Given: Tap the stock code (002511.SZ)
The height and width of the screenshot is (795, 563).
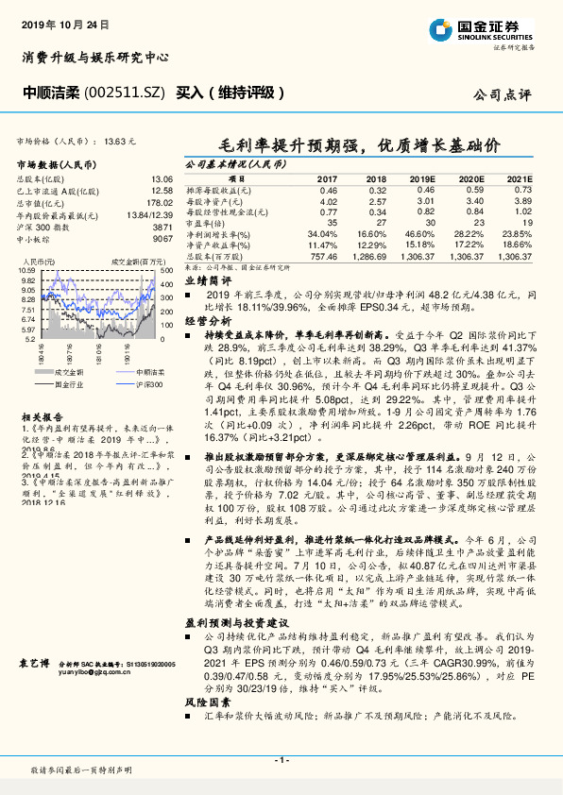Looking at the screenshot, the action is pyautogui.click(x=117, y=93).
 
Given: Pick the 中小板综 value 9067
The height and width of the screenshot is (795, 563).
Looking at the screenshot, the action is pyautogui.click(x=162, y=239).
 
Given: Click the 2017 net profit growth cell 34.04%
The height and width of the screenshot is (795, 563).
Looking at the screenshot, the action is pyautogui.click(x=322, y=233).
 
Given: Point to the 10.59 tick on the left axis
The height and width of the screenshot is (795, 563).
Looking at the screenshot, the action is pyautogui.click(x=26, y=271).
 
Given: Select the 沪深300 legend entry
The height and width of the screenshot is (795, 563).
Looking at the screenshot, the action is pyautogui.click(x=151, y=384).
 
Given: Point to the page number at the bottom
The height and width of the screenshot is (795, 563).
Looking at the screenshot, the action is pyautogui.click(x=281, y=760).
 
